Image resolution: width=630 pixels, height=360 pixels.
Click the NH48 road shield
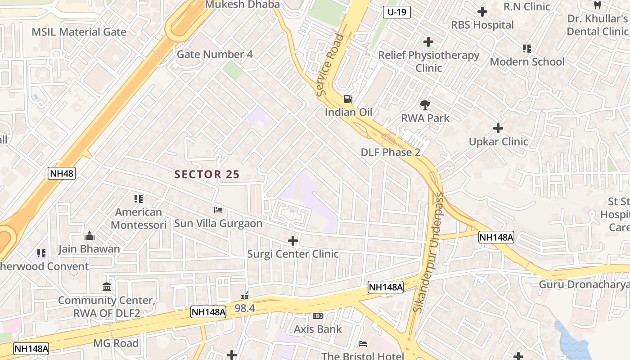pyautogui.click(x=61, y=173)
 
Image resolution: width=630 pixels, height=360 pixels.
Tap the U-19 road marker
pyautogui.click(x=397, y=12)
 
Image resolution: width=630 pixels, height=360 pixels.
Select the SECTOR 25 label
pyautogui.click(x=207, y=175)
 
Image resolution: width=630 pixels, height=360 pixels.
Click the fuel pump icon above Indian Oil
pyautogui.click(x=348, y=99)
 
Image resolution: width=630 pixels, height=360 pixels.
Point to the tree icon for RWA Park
pyautogui.click(x=425, y=105)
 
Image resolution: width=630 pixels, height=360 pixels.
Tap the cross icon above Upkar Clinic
pyautogui.click(x=498, y=128)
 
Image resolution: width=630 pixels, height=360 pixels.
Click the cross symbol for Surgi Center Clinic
pyautogui.click(x=293, y=241)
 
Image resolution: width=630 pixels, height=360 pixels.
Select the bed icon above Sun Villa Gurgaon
pyautogui.click(x=218, y=210)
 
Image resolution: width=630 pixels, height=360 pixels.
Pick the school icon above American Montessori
pyautogui.click(x=139, y=198)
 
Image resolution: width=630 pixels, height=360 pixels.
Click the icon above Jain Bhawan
pyautogui.click(x=89, y=236)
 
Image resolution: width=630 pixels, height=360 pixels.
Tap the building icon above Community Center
pyautogui.click(x=107, y=287)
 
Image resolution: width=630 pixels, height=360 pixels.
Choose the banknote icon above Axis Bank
pyautogui.click(x=318, y=316)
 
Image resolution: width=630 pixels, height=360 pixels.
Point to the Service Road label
pyautogui.click(x=330, y=65)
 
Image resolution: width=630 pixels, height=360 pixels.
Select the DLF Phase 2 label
pyautogui.click(x=391, y=153)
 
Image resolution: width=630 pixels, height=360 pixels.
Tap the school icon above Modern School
pyautogui.click(x=527, y=48)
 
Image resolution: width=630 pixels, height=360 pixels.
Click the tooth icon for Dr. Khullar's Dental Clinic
pyautogui.click(x=598, y=5)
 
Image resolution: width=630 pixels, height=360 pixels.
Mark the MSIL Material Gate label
pyautogui.click(x=79, y=32)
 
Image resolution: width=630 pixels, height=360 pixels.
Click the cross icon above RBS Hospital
pyautogui.click(x=482, y=12)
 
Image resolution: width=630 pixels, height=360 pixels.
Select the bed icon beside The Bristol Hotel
pyautogui.click(x=363, y=344)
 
